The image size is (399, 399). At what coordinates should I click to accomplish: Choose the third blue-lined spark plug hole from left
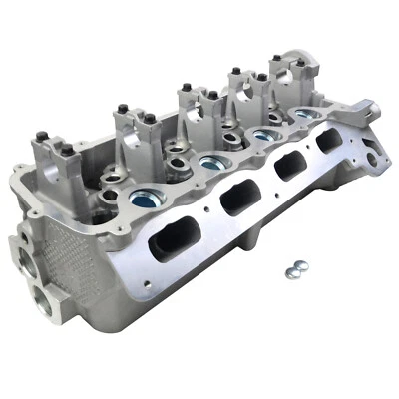(x=262, y=135)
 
